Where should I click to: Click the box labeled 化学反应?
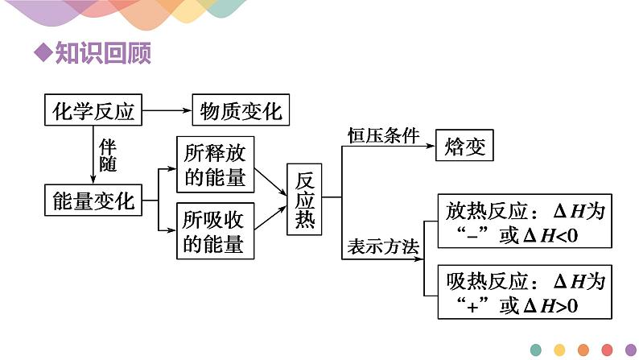click(93, 110)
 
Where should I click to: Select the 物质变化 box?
click(240, 110)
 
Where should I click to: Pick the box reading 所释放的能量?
click(215, 165)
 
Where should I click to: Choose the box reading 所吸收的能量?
click(215, 231)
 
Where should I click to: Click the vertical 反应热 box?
click(305, 199)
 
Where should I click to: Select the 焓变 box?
click(464, 147)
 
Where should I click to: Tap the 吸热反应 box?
click(524, 293)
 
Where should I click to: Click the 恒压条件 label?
click(383, 135)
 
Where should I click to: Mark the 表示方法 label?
click(383, 248)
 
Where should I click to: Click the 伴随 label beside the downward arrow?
click(107, 155)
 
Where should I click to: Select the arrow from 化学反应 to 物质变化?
click(167, 110)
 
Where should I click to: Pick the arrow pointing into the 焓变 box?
click(427, 147)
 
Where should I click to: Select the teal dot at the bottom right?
click(536, 349)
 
